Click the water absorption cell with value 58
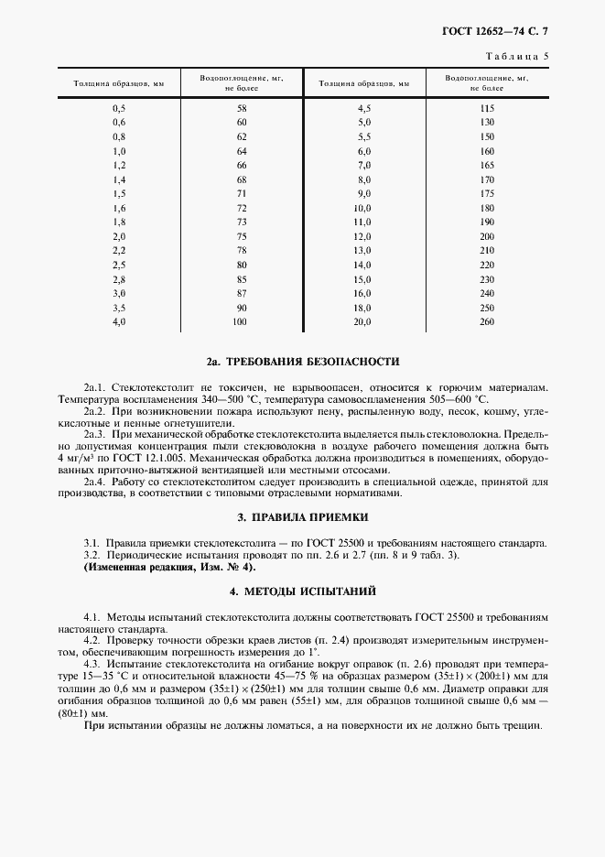[242, 108]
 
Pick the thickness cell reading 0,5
[118, 108]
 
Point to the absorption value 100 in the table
[242, 321]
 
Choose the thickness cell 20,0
[363, 321]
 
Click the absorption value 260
[486, 321]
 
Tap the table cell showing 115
[486, 108]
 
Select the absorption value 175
[486, 193]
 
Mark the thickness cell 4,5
[363, 108]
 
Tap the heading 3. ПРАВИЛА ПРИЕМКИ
[302, 516]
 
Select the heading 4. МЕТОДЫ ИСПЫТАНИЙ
[302, 591]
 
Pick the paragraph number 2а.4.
[96, 480]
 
